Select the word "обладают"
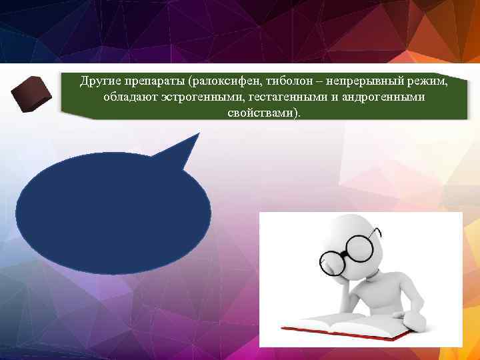(x=126, y=97)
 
